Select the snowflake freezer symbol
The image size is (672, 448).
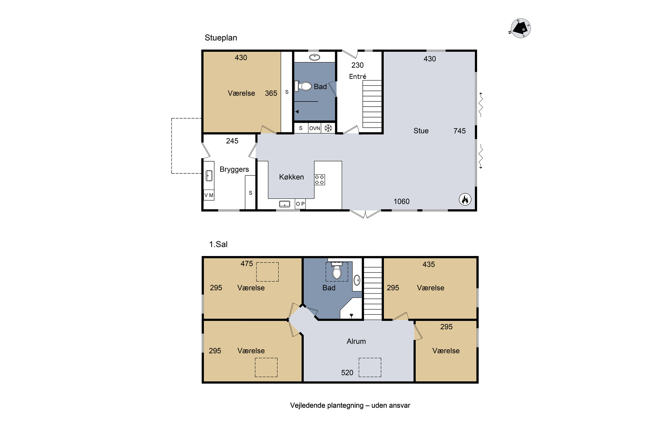tap(328, 128)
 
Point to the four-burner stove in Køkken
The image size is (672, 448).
tap(319, 180)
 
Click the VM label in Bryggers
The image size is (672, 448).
tap(209, 195)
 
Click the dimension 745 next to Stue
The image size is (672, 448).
tap(459, 131)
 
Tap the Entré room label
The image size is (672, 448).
tap(358, 77)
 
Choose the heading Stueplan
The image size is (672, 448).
tap(221, 38)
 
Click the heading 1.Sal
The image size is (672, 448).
tap(218, 244)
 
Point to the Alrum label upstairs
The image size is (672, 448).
tap(356, 341)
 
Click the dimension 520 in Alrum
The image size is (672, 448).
tap(347, 373)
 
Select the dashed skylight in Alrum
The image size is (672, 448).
tap(370, 367)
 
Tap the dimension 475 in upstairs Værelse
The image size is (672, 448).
tap(247, 264)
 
